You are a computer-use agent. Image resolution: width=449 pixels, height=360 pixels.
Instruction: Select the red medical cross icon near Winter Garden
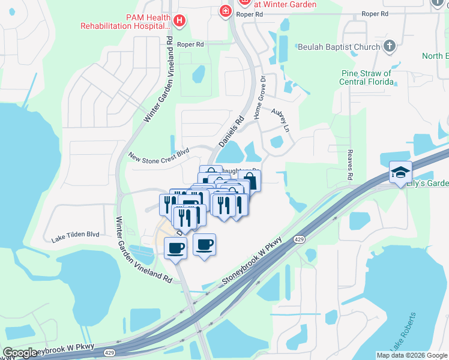click(x=225, y=11)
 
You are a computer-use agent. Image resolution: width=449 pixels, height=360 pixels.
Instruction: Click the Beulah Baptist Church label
click(x=339, y=47)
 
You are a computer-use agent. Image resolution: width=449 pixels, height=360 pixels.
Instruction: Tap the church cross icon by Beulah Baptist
click(x=390, y=46)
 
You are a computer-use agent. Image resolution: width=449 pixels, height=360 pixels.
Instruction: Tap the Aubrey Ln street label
click(x=281, y=120)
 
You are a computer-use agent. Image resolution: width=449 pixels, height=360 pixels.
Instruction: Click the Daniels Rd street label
click(x=231, y=132)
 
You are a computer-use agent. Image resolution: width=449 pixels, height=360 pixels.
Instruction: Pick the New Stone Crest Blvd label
click(x=158, y=155)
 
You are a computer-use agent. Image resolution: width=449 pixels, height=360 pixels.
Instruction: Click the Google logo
click(x=20, y=353)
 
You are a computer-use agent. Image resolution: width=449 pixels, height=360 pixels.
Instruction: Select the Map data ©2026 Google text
click(x=412, y=355)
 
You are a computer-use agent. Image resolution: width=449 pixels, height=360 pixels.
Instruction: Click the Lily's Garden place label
click(x=427, y=184)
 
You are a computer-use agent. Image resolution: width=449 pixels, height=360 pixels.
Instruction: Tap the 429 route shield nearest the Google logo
click(x=109, y=353)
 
